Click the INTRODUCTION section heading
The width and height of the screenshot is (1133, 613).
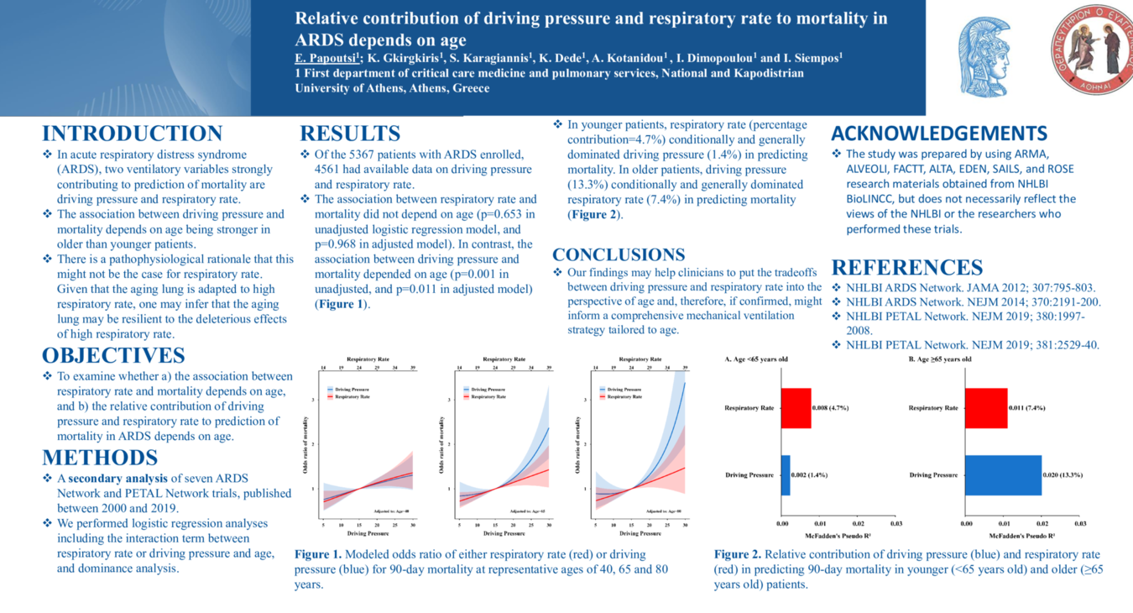pos(132,134)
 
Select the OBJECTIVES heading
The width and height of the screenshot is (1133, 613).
pos(113,355)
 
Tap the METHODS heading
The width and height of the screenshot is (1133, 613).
pos(100,458)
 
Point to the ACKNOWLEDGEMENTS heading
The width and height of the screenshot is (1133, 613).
pos(938,134)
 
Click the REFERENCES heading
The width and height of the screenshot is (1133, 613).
pos(906,268)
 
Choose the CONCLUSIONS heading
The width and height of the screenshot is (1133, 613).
pos(619,254)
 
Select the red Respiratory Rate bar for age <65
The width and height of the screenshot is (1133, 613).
pos(796,408)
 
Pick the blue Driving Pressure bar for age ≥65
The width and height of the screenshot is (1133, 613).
pos(1003,475)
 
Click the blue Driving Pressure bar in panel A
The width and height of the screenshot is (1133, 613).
pos(786,475)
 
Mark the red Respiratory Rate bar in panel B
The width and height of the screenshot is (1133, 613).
pos(986,408)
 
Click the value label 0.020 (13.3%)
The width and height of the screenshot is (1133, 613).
pos(1063,475)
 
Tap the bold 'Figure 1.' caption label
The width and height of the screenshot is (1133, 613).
pos(318,554)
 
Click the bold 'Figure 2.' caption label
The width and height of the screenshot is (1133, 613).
pos(738,554)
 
